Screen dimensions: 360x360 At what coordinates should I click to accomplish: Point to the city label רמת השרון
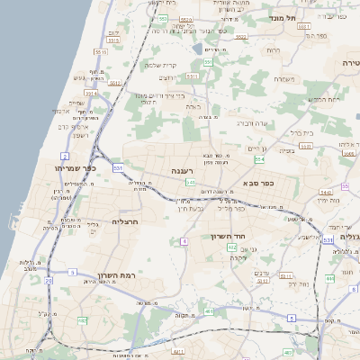[115, 274]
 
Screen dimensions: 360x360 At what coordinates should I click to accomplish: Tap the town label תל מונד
[283, 17]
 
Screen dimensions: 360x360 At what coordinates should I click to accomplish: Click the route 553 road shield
[162, 18]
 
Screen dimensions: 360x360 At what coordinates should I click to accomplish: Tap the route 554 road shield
[259, 158]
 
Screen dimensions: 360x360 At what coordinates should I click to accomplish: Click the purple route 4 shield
[184, 241]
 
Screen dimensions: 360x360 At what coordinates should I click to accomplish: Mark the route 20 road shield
[48, 282]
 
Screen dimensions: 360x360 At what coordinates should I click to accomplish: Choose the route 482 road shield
[83, 319]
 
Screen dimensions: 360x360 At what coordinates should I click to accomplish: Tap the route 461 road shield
[209, 312]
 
